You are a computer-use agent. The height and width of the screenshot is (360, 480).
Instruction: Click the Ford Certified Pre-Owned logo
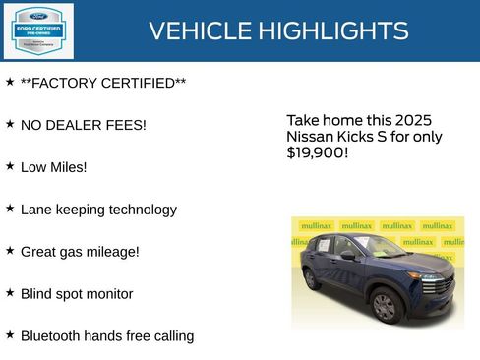(37, 30)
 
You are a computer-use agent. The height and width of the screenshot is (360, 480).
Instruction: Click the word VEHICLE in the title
(200, 31)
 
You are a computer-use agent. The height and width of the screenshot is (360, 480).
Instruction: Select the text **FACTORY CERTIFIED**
(103, 83)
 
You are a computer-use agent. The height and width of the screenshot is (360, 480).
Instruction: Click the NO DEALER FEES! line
(84, 125)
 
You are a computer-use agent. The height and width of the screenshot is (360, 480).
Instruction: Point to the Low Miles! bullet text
(54, 167)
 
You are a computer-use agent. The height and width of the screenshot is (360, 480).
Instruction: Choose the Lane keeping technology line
(98, 210)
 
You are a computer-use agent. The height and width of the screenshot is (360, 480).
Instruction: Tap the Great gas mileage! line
(80, 252)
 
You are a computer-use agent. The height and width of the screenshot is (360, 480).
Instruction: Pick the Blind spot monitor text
(77, 294)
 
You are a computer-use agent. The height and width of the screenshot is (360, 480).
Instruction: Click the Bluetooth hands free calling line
(107, 336)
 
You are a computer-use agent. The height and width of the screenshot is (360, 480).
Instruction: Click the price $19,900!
(317, 153)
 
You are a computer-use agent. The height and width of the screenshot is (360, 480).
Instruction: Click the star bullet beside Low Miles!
(10, 166)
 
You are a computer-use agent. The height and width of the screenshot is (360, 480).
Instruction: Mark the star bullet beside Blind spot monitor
(10, 293)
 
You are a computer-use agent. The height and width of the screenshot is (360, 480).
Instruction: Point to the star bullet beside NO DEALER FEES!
(10, 124)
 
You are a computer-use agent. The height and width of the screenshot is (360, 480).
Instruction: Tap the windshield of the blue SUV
(380, 245)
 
